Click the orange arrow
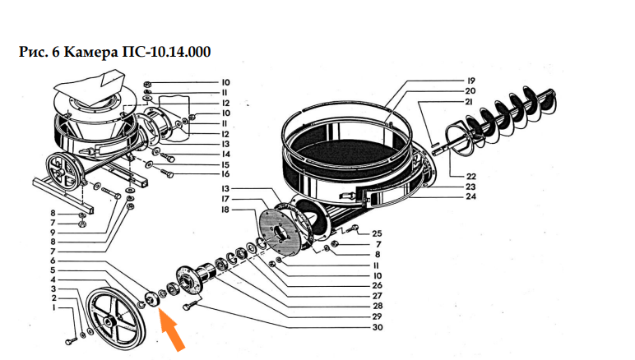point(172,328)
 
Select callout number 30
point(378,328)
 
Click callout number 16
point(225,174)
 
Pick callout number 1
point(53,309)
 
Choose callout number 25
point(377,233)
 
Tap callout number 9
point(53,232)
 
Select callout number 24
point(471,197)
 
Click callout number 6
point(53,261)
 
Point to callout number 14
point(225,154)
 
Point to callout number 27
point(378,295)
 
